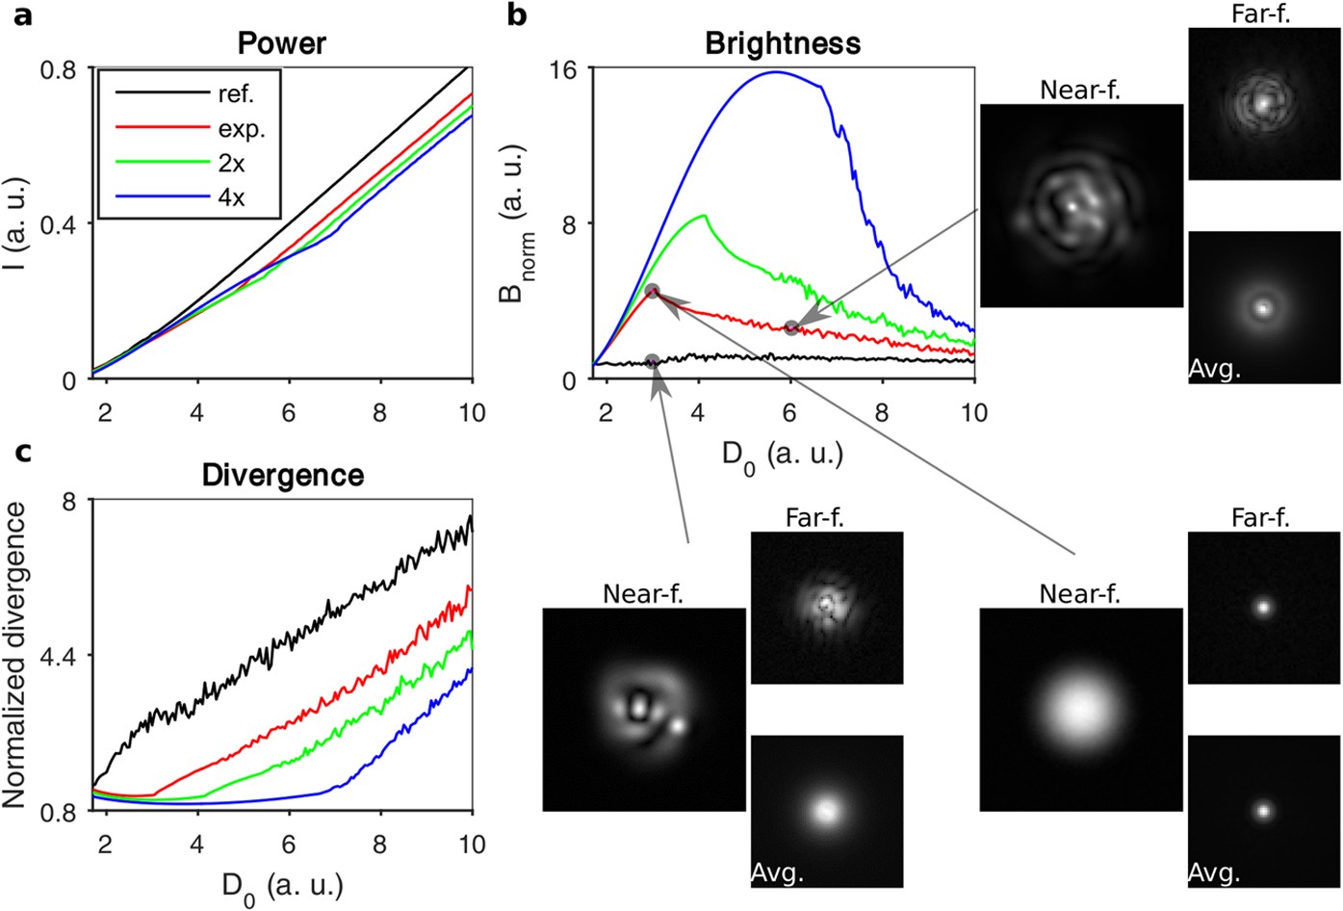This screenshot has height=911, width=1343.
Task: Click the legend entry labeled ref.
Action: pyautogui.click(x=236, y=94)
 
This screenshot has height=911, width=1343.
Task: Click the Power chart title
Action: pyautogui.click(x=282, y=44)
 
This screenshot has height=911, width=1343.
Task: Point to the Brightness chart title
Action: pyautogui.click(x=783, y=44)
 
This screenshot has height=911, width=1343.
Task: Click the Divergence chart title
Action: pyautogui.click(x=283, y=476)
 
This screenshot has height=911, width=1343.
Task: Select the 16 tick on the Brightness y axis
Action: pyautogui.click(x=563, y=69)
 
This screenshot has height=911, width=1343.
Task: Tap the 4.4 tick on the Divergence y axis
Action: pyautogui.click(x=63, y=656)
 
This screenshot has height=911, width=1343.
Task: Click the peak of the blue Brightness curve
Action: pyautogui.click(x=775, y=71)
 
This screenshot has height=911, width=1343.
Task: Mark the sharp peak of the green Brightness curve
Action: pyautogui.click(x=705, y=215)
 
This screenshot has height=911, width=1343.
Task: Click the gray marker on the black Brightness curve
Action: pyautogui.click(x=653, y=361)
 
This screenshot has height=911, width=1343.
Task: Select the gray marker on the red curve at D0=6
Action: pyautogui.click(x=791, y=328)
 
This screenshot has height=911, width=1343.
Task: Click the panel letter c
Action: pyautogui.click(x=21, y=449)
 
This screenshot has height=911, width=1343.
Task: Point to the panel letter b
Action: pyautogui.click(x=517, y=15)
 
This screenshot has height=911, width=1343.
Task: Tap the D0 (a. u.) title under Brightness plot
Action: pyautogui.click(x=783, y=455)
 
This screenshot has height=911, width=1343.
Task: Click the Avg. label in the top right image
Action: pyautogui.click(x=1215, y=369)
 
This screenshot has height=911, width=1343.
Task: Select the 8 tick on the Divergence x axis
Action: pyautogui.click(x=380, y=845)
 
